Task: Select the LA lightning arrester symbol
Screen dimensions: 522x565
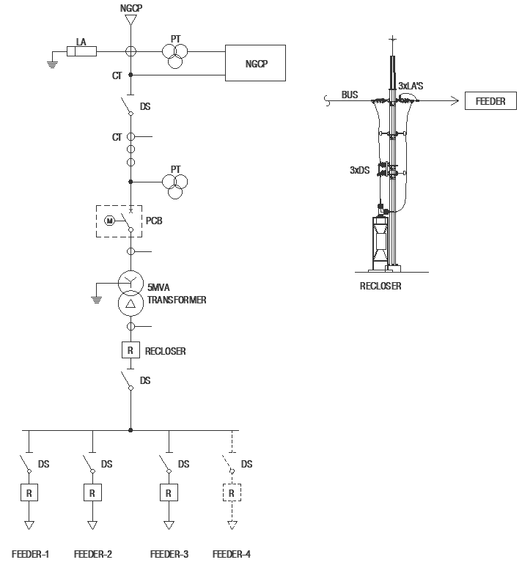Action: tap(82, 51)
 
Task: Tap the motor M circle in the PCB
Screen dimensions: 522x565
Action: tap(109, 221)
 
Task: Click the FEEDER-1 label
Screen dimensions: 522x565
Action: tap(30, 554)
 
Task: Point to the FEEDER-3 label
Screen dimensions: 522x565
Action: tap(169, 554)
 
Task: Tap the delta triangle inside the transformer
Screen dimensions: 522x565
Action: tap(130, 303)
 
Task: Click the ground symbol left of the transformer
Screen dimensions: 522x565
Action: tap(96, 300)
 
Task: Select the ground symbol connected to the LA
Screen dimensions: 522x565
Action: tap(52, 65)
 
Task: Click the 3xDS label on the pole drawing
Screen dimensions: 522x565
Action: tap(359, 170)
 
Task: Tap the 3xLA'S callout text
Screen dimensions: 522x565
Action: tap(411, 86)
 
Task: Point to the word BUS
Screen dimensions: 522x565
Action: tap(350, 95)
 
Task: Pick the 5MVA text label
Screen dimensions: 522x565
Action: tap(158, 287)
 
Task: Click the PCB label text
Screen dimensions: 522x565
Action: tap(154, 221)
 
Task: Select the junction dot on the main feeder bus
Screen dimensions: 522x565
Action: tap(130, 430)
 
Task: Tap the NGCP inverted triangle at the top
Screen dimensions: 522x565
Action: tap(130, 20)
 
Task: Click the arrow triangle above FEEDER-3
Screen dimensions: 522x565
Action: tap(169, 525)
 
